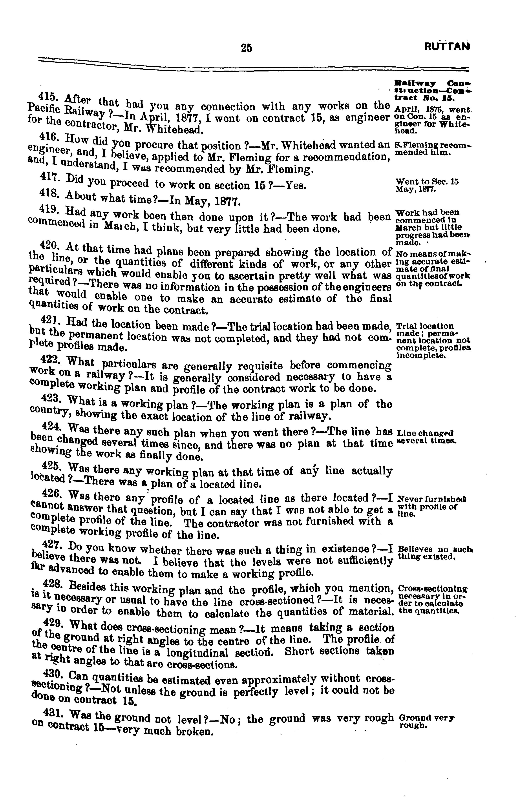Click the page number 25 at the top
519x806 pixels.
coord(246,48)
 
